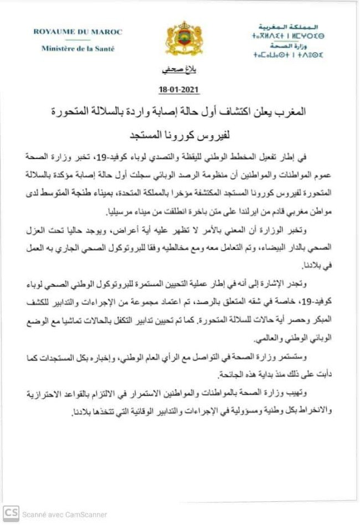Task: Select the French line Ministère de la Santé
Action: [x=78, y=48]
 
